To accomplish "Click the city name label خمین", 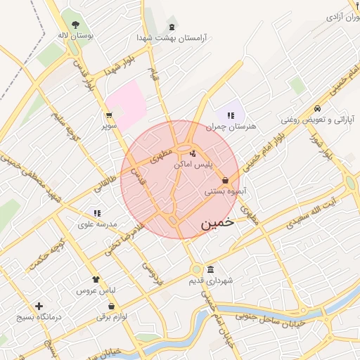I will coord(215,224).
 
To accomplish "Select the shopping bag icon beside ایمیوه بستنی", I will coord(225,181).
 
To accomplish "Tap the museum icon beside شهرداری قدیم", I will coord(210,270).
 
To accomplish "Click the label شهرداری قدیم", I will coord(210,281).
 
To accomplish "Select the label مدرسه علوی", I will coord(96,224).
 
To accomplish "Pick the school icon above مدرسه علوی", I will coord(96,213).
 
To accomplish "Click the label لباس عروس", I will coord(96,290).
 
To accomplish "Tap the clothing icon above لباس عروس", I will coord(96,279).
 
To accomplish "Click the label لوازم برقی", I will coord(112,317).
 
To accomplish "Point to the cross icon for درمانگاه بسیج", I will coord(39,306).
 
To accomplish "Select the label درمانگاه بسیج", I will coord(39,317).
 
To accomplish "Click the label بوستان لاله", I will coord(76,34).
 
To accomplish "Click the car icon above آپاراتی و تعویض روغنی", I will coord(318,108).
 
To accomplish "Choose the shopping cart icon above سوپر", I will coord(109,115).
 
